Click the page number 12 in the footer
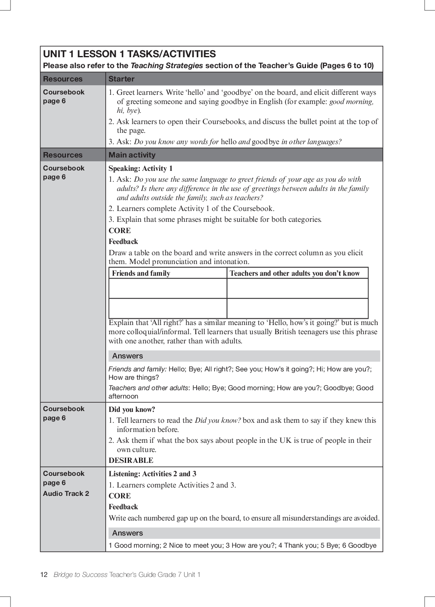[44, 574]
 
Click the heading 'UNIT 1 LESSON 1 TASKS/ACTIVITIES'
[129, 54]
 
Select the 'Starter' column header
[121, 79]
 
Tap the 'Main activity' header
[132, 155]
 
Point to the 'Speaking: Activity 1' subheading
[141, 168]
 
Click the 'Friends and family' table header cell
[141, 273]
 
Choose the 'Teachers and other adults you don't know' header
[295, 273]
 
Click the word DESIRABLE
[131, 460]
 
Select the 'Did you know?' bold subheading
[132, 409]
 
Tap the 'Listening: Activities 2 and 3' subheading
[152, 474]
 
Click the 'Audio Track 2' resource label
[66, 493]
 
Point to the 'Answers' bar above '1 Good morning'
[128, 533]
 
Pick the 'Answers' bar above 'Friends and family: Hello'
[128, 356]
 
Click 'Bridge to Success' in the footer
[81, 574]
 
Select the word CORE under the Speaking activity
[120, 231]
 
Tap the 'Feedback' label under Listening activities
[123, 507]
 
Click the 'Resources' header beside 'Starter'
[63, 79]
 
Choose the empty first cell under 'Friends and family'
[168, 288]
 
